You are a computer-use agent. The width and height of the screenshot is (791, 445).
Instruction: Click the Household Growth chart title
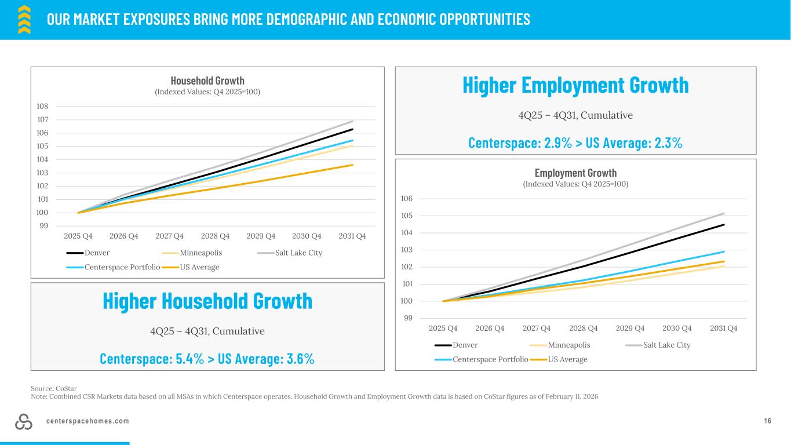tap(207, 81)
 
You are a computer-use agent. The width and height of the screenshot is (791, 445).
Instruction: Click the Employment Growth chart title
tap(575, 173)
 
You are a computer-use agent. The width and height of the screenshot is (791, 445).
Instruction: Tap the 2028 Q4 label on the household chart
tap(216, 236)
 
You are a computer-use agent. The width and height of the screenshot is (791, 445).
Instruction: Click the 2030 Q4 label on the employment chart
tap(677, 328)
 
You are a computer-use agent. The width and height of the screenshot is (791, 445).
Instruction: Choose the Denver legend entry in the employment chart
tap(457, 345)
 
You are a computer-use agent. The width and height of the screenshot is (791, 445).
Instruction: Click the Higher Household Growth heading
tap(207, 301)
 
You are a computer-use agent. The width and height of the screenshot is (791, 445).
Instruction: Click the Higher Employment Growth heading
tap(575, 85)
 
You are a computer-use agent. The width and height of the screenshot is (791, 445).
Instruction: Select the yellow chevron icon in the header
tap(24, 19)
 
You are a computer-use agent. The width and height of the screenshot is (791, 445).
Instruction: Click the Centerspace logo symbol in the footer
tap(24, 422)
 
